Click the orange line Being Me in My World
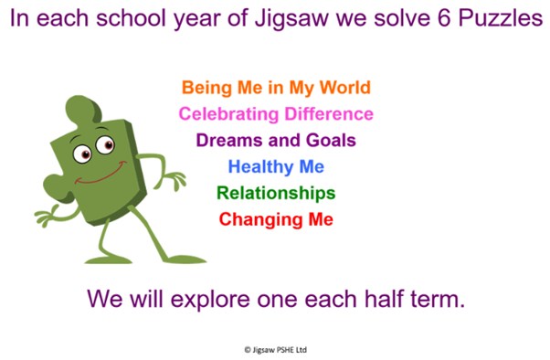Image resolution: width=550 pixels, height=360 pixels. [x=276, y=88]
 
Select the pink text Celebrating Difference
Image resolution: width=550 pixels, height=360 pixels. [x=276, y=114]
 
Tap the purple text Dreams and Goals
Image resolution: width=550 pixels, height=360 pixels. [x=276, y=141]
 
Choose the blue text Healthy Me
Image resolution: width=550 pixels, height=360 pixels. [x=276, y=167]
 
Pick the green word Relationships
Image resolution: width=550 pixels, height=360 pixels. [x=276, y=194]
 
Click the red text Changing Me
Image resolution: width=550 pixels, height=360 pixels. [x=276, y=220]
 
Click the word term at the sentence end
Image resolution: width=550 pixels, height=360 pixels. [x=438, y=299]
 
